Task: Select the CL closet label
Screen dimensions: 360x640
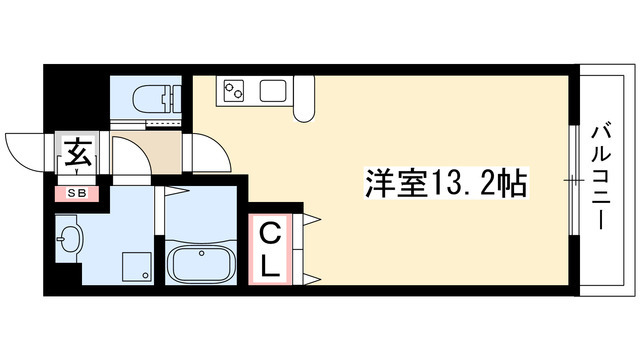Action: (x=270, y=245)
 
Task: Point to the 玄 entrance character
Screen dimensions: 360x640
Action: (x=76, y=155)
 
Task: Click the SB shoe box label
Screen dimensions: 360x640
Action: (x=76, y=191)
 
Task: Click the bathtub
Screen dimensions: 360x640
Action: (x=200, y=265)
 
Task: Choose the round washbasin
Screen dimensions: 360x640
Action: (x=69, y=240)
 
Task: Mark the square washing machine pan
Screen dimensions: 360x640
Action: (x=134, y=267)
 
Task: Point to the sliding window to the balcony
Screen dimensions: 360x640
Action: (x=572, y=180)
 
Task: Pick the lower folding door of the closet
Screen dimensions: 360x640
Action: (x=308, y=274)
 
